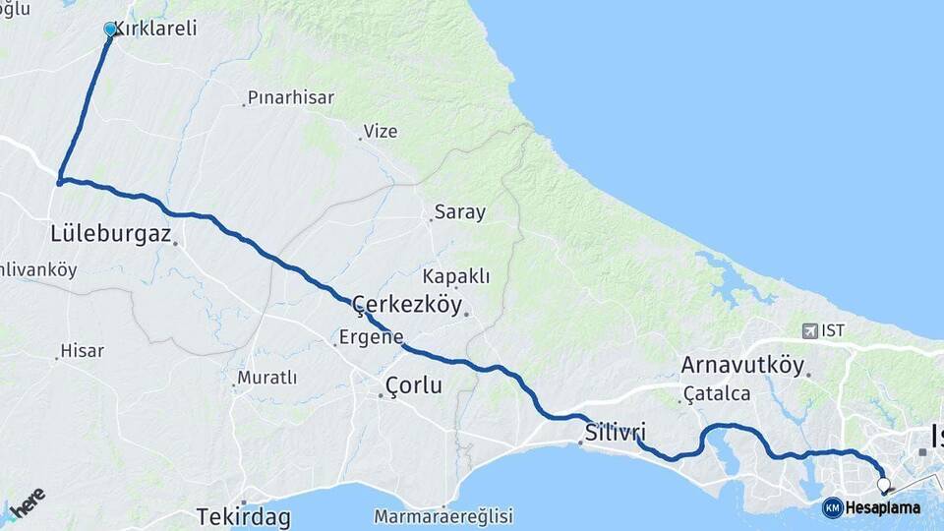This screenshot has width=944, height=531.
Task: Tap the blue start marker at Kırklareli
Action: (111, 30)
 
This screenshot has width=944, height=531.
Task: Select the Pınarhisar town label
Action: (291, 97)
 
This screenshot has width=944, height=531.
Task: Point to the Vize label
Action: (382, 131)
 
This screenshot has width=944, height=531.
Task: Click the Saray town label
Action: (460, 212)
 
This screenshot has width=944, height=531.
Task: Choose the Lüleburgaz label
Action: (111, 234)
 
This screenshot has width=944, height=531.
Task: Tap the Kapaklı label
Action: (456, 276)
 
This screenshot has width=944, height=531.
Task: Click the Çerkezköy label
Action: (406, 305)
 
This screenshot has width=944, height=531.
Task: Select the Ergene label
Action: (371, 337)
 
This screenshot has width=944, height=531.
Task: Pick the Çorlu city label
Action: (415, 385)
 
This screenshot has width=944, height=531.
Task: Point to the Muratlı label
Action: (267, 378)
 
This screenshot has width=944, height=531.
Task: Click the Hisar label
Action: (82, 350)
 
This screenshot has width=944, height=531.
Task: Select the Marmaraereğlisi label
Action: (443, 515)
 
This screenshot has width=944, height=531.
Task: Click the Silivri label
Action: (616, 433)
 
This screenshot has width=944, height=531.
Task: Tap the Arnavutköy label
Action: (742, 366)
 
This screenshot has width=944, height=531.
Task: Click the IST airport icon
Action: (809, 330)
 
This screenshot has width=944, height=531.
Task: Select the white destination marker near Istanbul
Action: (883, 485)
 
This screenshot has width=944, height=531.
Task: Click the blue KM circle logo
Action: (832, 507)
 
